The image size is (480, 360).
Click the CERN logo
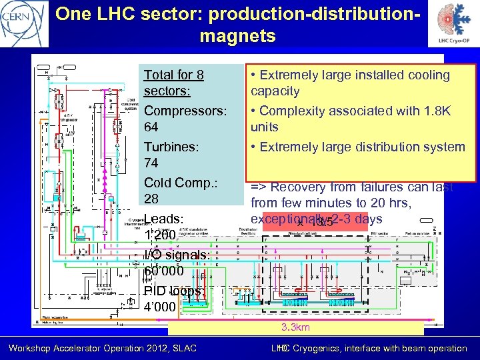[23, 23]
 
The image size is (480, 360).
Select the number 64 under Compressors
[151, 127]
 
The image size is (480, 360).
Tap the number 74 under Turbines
[151, 163]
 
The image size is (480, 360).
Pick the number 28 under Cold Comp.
[151, 199]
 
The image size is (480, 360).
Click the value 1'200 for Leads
[159, 235]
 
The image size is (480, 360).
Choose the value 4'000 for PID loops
[160, 307]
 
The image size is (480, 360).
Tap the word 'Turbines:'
[171, 146]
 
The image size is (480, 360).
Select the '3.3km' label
[295, 327]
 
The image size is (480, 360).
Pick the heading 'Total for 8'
[173, 75]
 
